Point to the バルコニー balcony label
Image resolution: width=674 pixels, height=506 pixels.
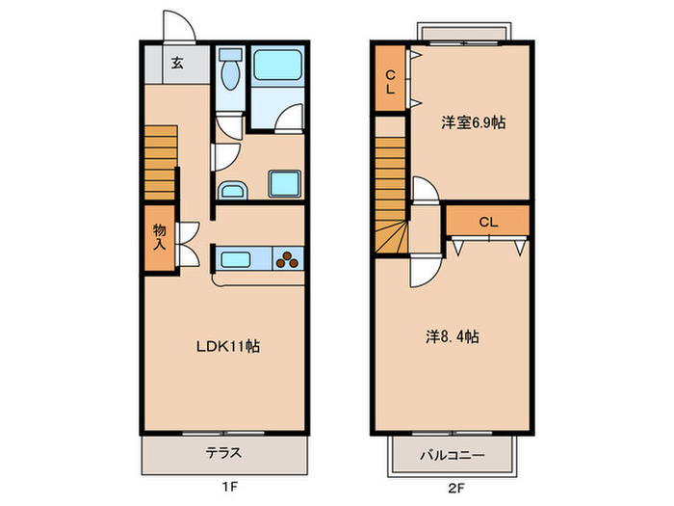tap(452, 454)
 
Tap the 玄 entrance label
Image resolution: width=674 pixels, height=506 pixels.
tap(177, 65)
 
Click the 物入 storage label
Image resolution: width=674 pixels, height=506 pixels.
tap(160, 237)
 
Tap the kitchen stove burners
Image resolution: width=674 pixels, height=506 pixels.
tap(289, 257)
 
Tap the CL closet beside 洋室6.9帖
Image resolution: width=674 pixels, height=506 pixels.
tap(390, 82)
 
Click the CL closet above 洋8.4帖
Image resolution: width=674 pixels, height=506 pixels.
tap(488, 222)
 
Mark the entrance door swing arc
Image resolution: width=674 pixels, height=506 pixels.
tap(178, 24)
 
